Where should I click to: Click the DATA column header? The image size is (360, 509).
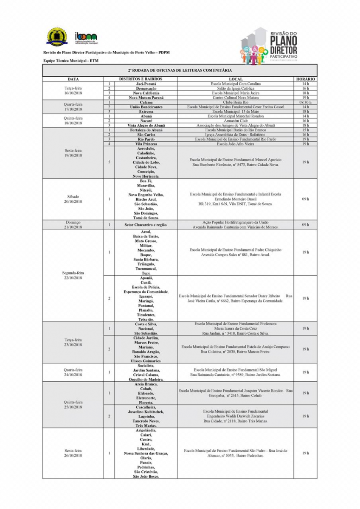click(x=73, y=79)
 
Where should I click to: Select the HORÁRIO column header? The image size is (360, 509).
click(x=305, y=79)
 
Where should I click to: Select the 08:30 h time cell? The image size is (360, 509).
click(x=305, y=102)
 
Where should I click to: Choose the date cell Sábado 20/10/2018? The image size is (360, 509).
click(x=73, y=199)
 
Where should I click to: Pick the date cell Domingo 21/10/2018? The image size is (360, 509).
click(x=73, y=224)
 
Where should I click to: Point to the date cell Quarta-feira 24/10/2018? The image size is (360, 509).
click(x=73, y=372)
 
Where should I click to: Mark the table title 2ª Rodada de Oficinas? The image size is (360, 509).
click(x=180, y=70)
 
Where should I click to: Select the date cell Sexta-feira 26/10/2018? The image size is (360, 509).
click(x=73, y=453)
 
